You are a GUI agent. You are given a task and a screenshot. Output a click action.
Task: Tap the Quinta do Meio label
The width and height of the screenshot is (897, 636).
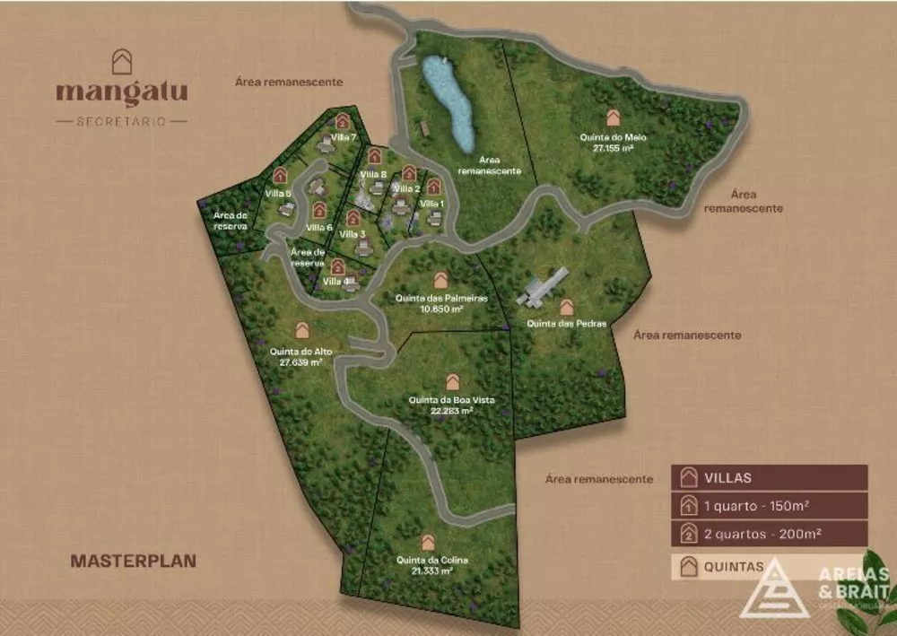614,137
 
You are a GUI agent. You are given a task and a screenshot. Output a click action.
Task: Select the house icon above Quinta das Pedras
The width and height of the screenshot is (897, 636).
567,308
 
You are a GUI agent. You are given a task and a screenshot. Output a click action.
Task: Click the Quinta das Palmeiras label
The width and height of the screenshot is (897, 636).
441,298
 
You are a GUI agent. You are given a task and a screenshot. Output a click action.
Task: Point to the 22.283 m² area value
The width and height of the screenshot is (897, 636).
452,411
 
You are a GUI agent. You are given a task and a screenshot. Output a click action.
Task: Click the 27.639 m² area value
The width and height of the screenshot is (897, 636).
300,363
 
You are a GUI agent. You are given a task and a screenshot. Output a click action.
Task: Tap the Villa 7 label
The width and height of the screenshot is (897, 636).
344,137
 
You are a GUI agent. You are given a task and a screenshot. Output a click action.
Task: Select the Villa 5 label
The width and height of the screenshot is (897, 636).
279,193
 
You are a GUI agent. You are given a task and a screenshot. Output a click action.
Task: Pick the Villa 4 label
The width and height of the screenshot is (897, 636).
337,282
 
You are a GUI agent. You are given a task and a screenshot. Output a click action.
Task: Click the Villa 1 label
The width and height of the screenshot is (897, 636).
433,204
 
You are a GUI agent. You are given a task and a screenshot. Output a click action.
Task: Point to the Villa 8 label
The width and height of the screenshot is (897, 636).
373,174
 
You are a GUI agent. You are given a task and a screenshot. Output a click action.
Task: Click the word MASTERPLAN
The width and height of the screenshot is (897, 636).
133,561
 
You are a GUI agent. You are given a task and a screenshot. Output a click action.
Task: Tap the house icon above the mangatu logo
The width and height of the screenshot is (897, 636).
121,62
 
